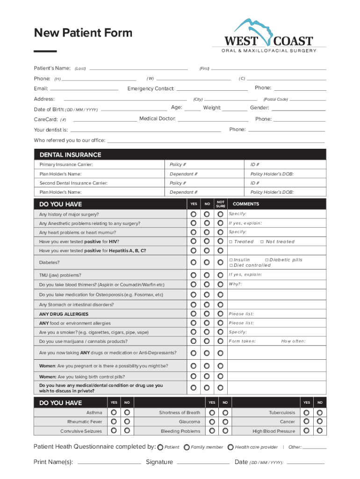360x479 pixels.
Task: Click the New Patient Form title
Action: click(x=83, y=33)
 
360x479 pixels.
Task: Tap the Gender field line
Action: click(x=298, y=109)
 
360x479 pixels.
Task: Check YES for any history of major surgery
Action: click(x=193, y=214)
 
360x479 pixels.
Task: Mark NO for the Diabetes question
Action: click(x=207, y=262)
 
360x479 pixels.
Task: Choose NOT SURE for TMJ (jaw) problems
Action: click(x=220, y=275)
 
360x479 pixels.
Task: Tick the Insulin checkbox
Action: click(x=230, y=260)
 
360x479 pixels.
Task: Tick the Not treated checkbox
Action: click(x=262, y=242)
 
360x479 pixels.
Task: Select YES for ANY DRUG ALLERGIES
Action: click(x=193, y=314)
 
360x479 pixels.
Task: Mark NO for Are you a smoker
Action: click(x=207, y=332)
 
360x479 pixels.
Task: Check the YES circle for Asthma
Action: click(x=114, y=413)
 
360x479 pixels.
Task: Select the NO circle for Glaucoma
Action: click(x=225, y=422)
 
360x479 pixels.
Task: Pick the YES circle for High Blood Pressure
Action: click(x=306, y=431)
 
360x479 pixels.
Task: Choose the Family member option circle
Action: click(x=187, y=447)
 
